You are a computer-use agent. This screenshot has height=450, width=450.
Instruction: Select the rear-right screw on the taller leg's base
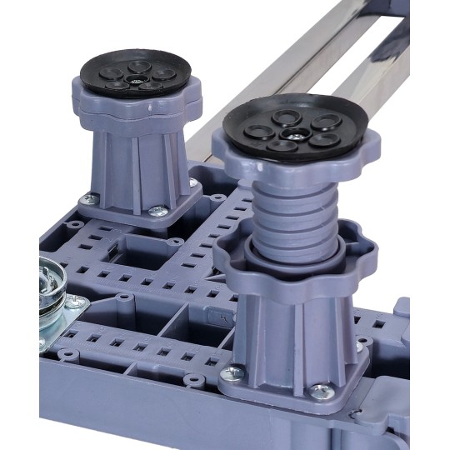pos(361,344)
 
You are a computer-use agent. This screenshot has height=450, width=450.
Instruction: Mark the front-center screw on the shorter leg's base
pos(156,212)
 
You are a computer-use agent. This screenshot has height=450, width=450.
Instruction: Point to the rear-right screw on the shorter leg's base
pos(192,182)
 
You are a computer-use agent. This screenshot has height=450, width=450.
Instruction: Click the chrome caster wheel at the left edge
pos(52,292)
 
